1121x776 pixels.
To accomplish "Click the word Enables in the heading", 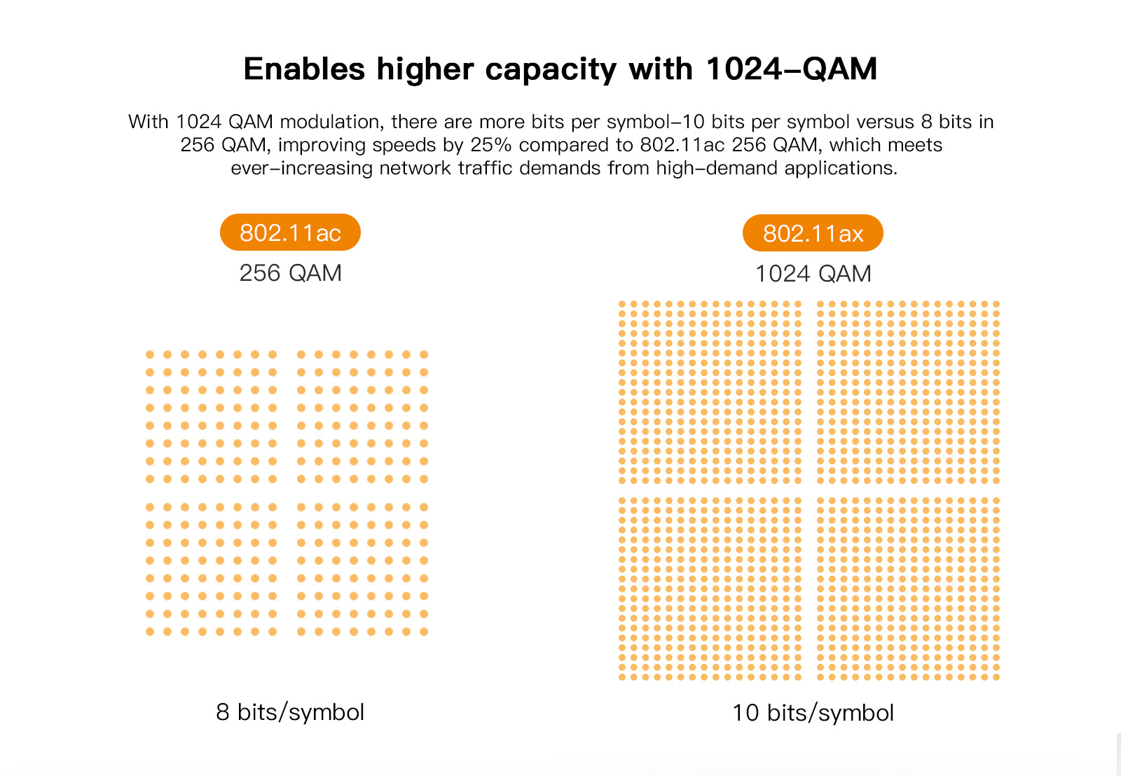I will click(304, 69).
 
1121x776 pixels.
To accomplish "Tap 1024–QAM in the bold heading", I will click(791, 69).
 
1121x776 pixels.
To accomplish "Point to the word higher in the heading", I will click(425, 70).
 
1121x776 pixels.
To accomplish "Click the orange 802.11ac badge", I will click(290, 233).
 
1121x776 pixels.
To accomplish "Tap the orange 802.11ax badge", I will click(813, 233).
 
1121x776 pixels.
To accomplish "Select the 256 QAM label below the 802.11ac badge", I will click(290, 272).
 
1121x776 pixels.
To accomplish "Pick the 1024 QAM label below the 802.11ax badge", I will click(813, 273).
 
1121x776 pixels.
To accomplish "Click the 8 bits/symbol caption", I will click(290, 712).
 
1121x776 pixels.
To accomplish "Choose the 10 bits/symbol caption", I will click(813, 712).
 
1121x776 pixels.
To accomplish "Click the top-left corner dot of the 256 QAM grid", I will click(150, 354).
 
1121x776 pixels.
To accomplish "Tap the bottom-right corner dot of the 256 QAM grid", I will click(424, 632).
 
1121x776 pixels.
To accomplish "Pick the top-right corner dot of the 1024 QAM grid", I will click(996, 305).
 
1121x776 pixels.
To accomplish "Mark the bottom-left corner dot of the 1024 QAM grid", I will click(622, 677).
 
